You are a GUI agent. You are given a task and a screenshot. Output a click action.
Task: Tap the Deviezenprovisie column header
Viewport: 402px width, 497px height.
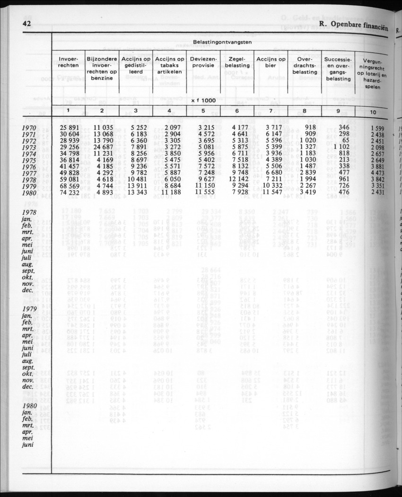[203, 63]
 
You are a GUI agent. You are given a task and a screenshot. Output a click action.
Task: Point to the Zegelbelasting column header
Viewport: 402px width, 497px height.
[237, 63]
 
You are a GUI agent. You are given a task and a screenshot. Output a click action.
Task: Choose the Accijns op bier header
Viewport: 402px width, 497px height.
[271, 63]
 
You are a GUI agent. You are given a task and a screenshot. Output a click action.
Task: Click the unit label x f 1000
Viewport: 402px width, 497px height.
[204, 101]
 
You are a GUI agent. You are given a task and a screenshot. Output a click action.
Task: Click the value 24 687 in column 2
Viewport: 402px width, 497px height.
[102, 147]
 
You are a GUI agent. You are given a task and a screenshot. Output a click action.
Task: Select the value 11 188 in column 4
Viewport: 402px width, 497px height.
[170, 193]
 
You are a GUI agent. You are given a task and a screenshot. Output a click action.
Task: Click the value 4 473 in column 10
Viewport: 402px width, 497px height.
[377, 174]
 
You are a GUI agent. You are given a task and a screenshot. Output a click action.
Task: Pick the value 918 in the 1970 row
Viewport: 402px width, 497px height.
[310, 128]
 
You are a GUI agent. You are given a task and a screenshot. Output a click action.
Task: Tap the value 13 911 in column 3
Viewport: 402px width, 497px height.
[137, 186]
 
